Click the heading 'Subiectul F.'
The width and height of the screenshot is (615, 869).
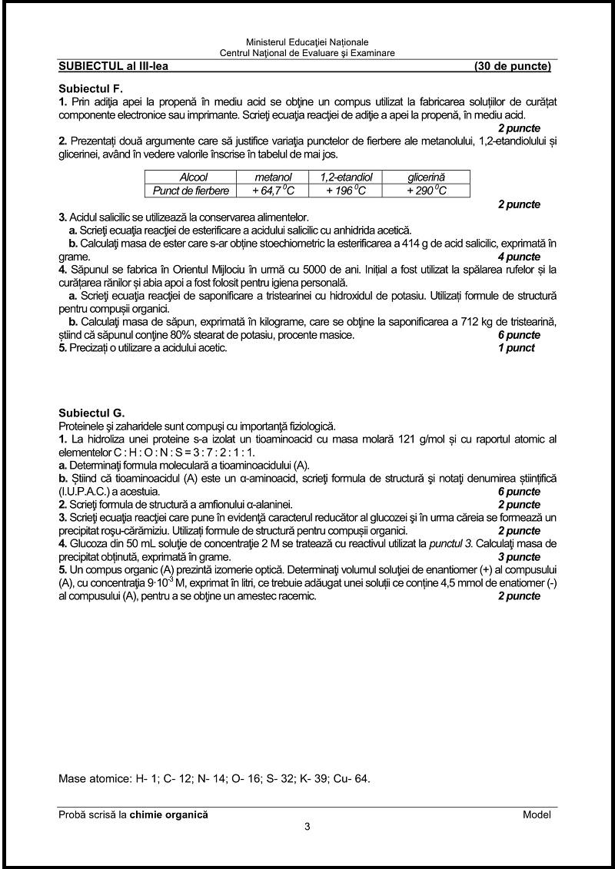[91, 89]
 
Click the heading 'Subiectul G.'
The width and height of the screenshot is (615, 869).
[91, 413]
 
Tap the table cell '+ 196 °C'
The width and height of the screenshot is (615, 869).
[345, 191]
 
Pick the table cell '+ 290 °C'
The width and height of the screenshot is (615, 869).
[425, 191]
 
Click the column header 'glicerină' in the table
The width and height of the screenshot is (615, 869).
[425, 177]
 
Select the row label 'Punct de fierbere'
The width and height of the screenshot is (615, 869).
[191, 191]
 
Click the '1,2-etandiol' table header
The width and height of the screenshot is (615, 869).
[345, 177]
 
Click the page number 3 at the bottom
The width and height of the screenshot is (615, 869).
[307, 827]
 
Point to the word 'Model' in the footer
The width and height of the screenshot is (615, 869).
[537, 814]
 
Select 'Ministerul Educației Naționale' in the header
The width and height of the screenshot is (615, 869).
[307, 41]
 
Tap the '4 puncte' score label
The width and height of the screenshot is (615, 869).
[519, 257]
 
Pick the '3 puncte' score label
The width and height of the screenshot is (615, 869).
[519, 557]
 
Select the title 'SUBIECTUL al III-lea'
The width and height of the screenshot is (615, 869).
[113, 66]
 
